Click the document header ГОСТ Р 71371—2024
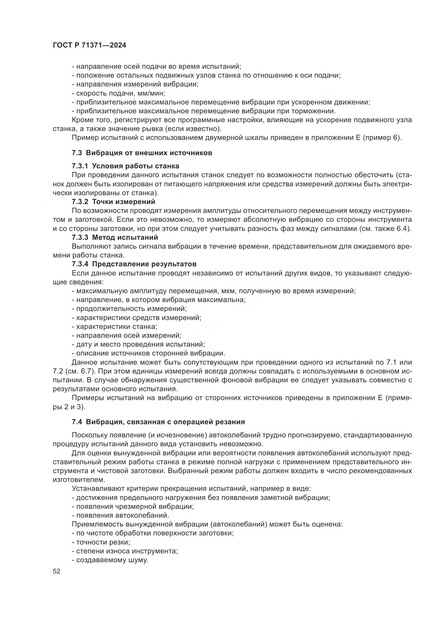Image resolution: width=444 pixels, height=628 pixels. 89,45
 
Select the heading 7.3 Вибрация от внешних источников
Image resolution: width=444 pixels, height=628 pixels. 142,153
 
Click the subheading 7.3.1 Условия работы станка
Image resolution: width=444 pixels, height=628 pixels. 125,166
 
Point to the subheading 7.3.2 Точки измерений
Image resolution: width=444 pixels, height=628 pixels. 114,202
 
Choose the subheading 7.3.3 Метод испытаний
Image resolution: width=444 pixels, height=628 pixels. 115,237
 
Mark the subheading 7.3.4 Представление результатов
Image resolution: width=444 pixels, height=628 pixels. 134,264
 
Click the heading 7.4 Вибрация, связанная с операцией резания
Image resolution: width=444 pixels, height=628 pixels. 158,422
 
